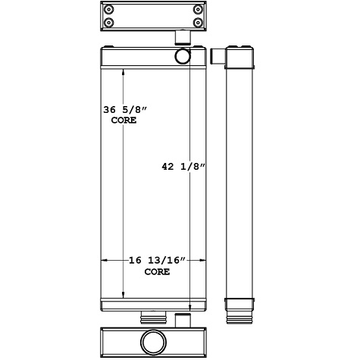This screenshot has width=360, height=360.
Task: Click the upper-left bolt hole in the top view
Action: (x=111, y=10)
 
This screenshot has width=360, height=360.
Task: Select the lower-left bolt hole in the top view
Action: (x=111, y=22)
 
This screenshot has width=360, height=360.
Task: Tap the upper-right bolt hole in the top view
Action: (x=198, y=10)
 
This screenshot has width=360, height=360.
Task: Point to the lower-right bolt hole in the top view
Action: (x=198, y=22)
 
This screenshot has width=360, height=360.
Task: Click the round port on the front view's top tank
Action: (x=183, y=57)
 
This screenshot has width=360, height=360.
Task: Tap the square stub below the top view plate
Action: (x=182, y=37)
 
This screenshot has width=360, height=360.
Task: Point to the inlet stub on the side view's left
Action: (x=218, y=57)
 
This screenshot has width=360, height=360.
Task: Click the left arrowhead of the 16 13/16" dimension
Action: (x=105, y=261)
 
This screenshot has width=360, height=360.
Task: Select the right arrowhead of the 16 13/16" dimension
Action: (x=205, y=261)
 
